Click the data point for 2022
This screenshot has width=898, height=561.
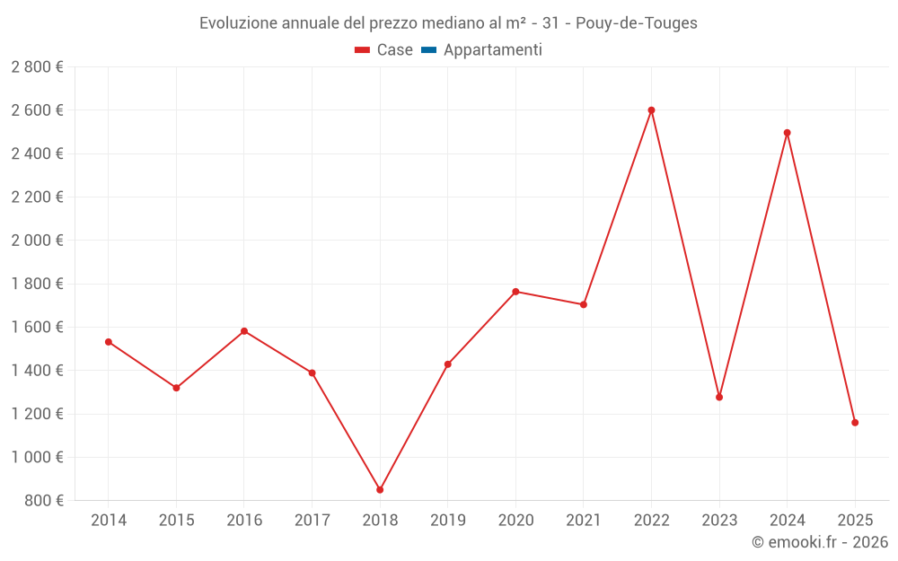(x=651, y=110)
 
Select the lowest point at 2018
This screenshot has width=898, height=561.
(x=380, y=490)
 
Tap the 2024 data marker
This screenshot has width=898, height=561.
(x=788, y=133)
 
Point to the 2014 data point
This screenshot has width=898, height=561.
(x=109, y=342)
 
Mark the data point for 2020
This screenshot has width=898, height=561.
(x=515, y=292)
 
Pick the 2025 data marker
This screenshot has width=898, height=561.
(x=855, y=423)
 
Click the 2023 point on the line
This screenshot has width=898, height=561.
(x=719, y=397)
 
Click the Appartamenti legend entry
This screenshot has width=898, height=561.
(x=492, y=50)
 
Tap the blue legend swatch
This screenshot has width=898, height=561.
(x=428, y=50)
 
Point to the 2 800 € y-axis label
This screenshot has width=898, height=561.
(x=38, y=67)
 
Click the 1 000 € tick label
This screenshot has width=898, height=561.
(x=38, y=457)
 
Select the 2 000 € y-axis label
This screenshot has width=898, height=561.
(x=38, y=241)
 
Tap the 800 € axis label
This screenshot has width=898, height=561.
(x=42, y=501)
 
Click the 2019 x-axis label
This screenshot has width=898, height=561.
(x=448, y=520)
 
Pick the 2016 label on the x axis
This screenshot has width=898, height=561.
(x=244, y=520)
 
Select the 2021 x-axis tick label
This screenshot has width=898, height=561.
(x=584, y=520)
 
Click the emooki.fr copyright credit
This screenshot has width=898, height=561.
(x=820, y=542)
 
